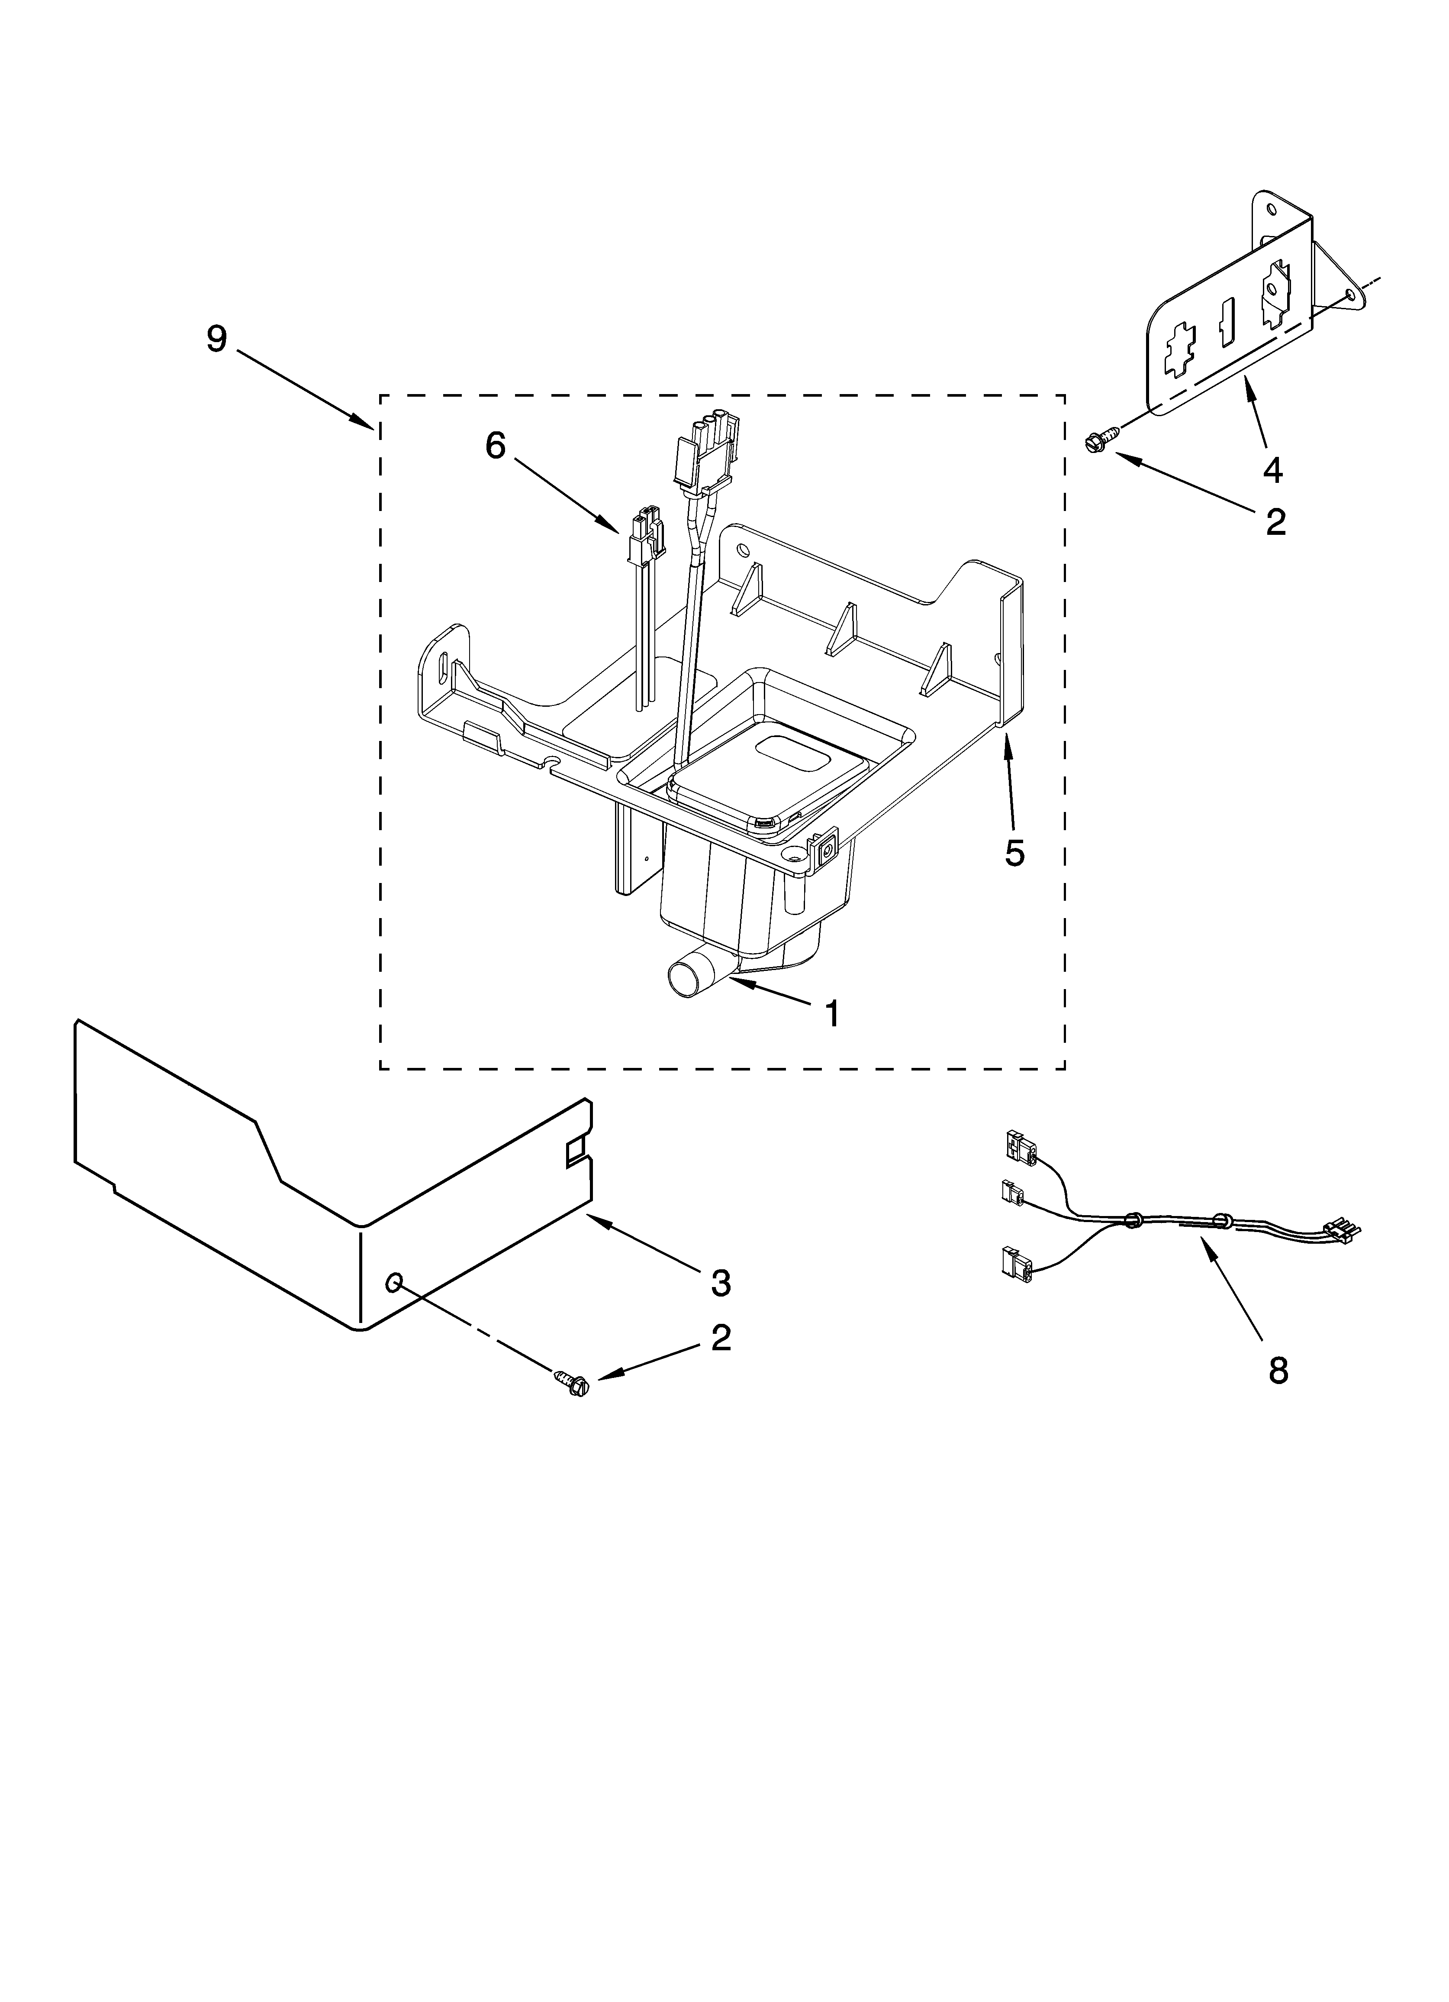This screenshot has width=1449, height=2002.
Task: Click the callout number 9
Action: click(217, 339)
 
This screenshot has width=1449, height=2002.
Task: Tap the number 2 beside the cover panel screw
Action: click(721, 1337)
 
